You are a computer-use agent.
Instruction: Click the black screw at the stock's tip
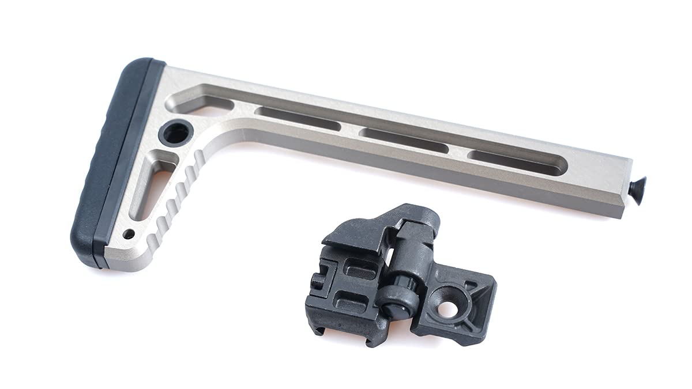(x=637, y=187)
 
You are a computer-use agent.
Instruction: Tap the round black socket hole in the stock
(x=175, y=133)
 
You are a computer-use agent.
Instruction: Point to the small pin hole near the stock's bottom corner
(x=129, y=234)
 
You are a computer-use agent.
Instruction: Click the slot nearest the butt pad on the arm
(x=298, y=118)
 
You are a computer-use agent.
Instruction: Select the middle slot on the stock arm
(x=403, y=140)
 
